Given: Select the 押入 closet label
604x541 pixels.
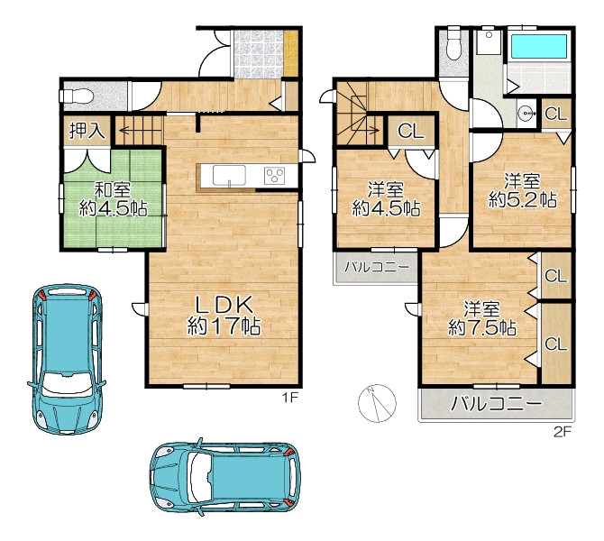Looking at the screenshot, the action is [x=87, y=131].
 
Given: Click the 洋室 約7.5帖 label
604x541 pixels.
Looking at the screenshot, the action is [x=482, y=319].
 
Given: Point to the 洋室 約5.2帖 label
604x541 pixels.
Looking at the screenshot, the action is [x=523, y=191].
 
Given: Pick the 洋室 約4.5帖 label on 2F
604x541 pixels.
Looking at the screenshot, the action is [x=386, y=199].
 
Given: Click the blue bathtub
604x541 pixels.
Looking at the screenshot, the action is [x=538, y=46].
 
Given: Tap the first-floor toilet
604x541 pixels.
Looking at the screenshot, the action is [x=75, y=96].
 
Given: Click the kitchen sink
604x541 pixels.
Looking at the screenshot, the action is [x=229, y=175].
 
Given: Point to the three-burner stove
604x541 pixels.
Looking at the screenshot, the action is [x=274, y=176].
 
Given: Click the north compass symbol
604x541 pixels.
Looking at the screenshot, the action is [x=377, y=403].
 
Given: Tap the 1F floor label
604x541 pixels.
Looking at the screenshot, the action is [x=290, y=398].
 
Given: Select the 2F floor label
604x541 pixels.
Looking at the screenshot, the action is [x=562, y=432].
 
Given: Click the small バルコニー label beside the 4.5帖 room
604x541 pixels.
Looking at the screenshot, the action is [x=376, y=267].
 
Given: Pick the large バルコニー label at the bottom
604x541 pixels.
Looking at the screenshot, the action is [x=496, y=403].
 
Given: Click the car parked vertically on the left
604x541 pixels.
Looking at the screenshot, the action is [x=66, y=359].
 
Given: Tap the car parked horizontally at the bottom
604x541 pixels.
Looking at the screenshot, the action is [x=225, y=477].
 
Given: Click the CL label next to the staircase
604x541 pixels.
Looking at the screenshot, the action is [x=410, y=131].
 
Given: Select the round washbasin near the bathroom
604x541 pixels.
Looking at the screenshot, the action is [x=525, y=114].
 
